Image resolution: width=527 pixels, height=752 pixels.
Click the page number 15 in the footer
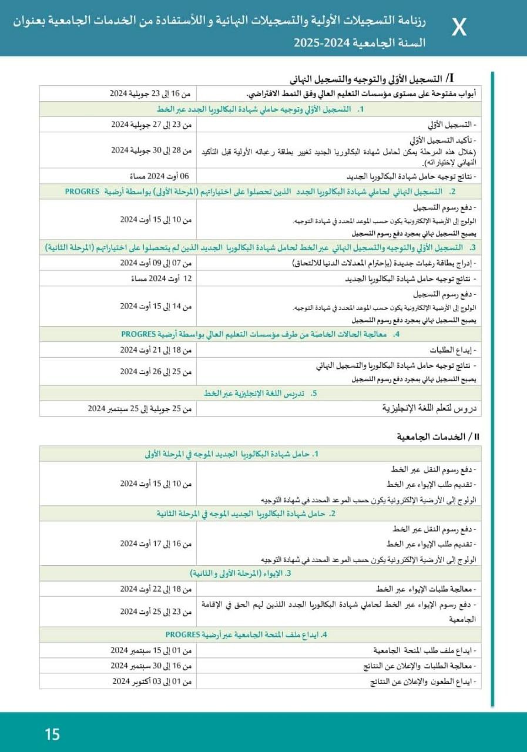[52, 734]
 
